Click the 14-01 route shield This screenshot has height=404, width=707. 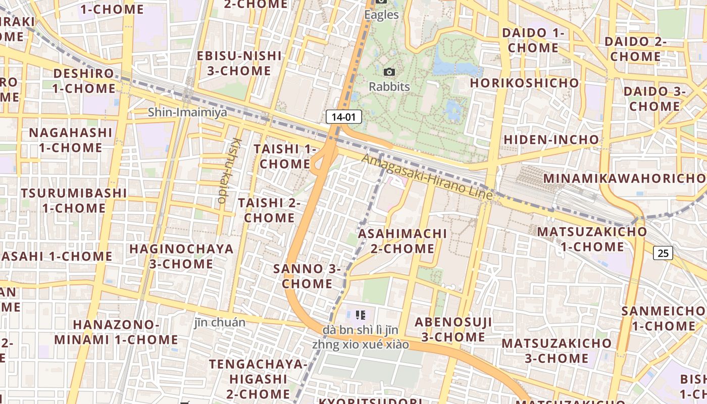point(344,117)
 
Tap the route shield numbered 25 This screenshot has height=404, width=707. point(663,253)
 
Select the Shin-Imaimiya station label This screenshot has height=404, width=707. point(187,112)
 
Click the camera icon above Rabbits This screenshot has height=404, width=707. point(389,72)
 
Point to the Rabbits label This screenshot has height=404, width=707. point(389,87)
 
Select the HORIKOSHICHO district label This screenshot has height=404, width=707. point(525,83)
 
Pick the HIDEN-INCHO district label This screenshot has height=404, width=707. point(551,139)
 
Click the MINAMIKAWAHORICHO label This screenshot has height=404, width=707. point(624,178)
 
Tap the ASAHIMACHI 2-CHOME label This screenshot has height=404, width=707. point(402,241)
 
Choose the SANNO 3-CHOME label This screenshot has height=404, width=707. point(307,276)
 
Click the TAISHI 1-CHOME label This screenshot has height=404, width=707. point(285,157)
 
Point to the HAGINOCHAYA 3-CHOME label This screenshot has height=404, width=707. point(181,256)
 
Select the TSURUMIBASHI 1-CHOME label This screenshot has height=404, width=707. point(74,200)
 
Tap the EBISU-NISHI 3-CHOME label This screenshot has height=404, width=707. point(239,63)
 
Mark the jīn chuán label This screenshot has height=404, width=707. point(220,323)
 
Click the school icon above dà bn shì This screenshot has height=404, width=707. point(360,315)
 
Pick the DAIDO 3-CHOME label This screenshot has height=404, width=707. point(654,99)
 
